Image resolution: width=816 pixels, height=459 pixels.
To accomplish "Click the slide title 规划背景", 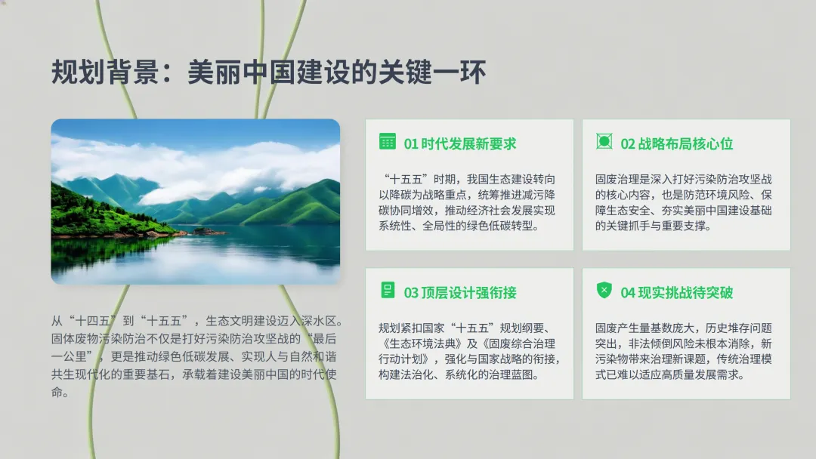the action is pyautogui.click(x=105, y=72).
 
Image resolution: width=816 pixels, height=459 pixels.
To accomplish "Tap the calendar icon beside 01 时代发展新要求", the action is pyautogui.click(x=387, y=141).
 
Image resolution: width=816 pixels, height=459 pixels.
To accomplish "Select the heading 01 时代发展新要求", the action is pyautogui.click(x=460, y=143).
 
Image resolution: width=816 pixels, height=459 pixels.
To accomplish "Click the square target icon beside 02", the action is pyautogui.click(x=604, y=141).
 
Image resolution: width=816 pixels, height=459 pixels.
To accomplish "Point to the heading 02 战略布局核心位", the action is pyautogui.click(x=676, y=143).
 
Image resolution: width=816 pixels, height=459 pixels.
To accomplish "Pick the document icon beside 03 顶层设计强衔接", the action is pyautogui.click(x=388, y=290).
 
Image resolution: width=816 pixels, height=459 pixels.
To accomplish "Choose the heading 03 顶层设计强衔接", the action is pyautogui.click(x=460, y=293).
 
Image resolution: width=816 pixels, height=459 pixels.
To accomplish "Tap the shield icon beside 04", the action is pyautogui.click(x=604, y=290).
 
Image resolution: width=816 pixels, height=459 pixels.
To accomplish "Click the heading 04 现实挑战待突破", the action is pyautogui.click(x=676, y=293).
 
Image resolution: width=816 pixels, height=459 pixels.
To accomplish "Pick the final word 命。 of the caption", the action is pyautogui.click(x=60, y=392).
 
